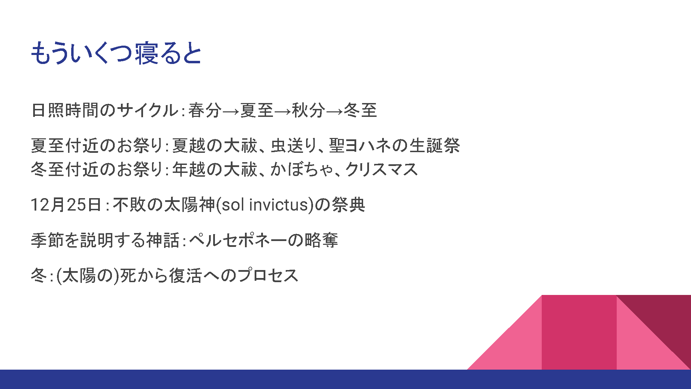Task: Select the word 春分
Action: pos(205,110)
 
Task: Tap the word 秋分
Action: pos(309,110)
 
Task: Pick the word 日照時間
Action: pos(65,110)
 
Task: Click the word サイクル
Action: pos(148,110)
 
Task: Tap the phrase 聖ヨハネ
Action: pos(360,145)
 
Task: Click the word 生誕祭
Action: pos(435,145)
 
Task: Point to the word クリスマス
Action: pos(381,169)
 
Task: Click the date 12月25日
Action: pos(66,205)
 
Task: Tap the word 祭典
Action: pos(348,205)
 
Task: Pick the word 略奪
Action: pos(321,240)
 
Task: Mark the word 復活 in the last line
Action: pos(185,276)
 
